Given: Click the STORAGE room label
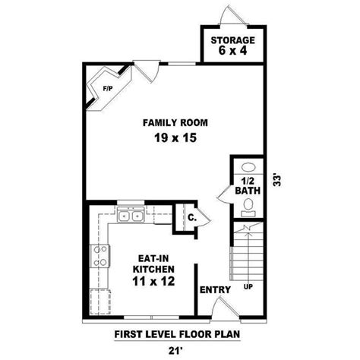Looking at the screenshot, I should coord(233,40).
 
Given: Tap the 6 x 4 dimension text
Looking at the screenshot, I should coord(233,52).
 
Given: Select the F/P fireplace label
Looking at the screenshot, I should coord(107,89).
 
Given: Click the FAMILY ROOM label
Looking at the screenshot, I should coord(175,122).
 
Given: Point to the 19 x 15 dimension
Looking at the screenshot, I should coord(175,139).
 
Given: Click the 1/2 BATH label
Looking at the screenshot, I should coord(247,187).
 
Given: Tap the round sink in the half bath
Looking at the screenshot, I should coord(247,169).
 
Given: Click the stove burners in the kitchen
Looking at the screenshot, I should coord(98,256).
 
